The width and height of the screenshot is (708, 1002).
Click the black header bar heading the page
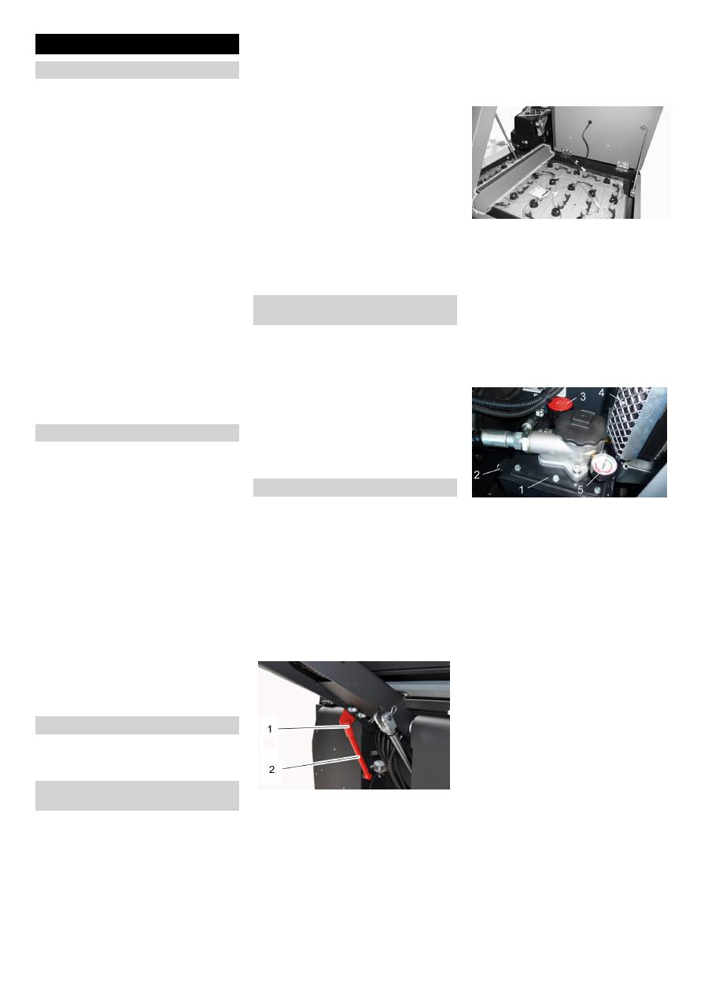137,43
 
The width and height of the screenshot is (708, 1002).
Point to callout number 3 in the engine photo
583,394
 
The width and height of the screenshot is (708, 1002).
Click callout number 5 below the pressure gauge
581,490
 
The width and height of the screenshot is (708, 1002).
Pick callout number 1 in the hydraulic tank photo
522,488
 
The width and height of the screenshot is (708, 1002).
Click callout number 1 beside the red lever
269,729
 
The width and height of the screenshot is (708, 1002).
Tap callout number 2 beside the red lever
272,769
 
